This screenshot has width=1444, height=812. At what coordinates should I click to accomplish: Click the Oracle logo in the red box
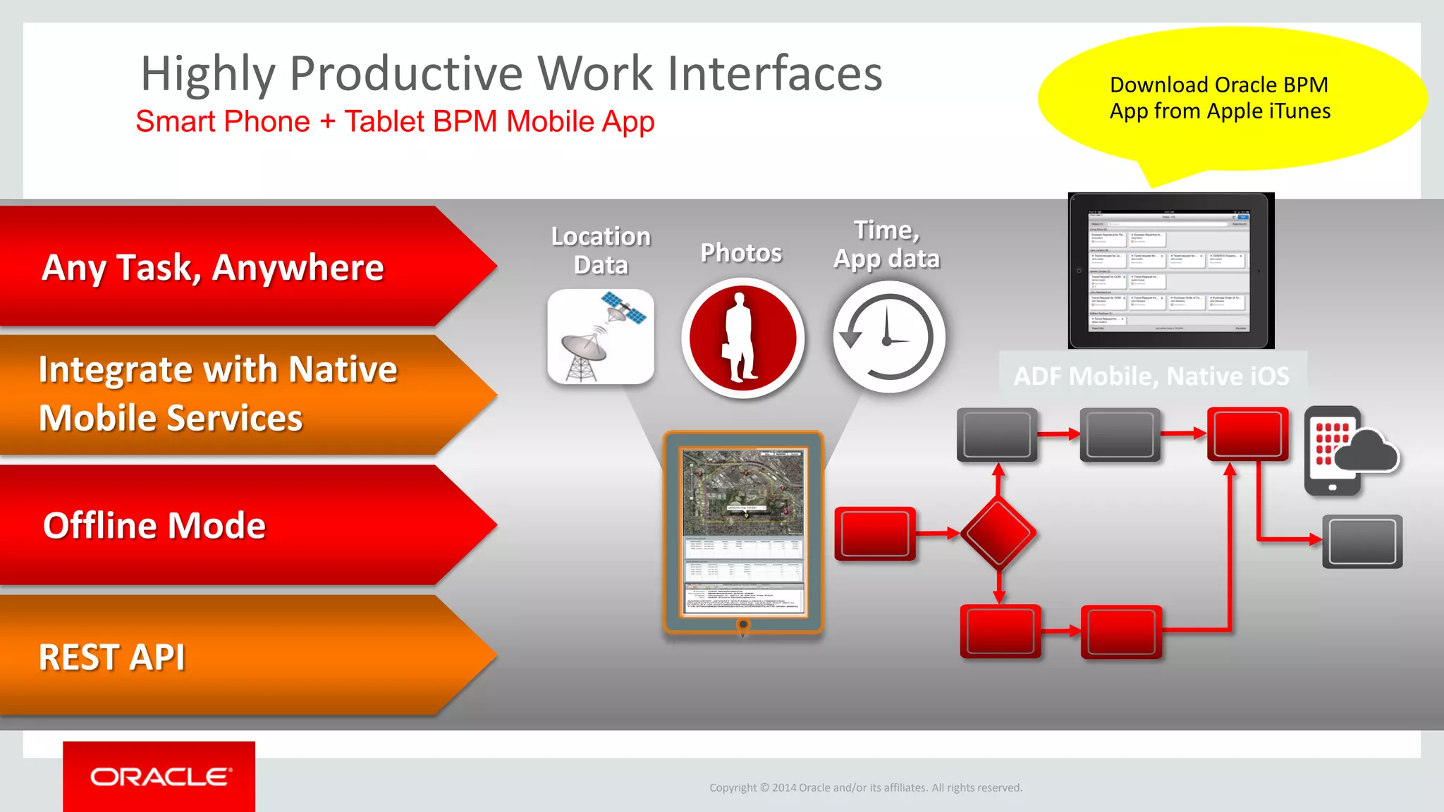tap(160, 777)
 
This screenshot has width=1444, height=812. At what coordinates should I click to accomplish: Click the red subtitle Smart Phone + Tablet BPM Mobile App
tap(395, 121)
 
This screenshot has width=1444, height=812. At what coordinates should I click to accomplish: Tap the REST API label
tap(112, 657)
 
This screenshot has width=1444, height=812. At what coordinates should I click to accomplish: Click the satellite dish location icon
tap(601, 337)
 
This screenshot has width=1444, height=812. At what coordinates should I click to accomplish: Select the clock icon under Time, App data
tap(888, 338)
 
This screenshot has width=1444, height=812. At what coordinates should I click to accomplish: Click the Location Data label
tap(601, 250)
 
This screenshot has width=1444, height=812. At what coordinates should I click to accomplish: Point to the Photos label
tap(741, 252)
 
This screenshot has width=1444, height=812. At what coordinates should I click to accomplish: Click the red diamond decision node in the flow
tap(998, 534)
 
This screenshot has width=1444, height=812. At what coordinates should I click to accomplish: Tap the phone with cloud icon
tap(1348, 451)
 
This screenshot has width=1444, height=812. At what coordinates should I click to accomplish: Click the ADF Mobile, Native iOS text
tap(1151, 376)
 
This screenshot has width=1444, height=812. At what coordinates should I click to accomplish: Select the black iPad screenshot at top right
tap(1170, 271)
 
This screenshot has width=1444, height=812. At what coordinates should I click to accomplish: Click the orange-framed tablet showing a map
tap(743, 532)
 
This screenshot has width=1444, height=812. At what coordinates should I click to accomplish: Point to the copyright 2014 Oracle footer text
tap(865, 787)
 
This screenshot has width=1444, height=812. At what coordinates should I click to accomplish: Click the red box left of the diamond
tap(875, 534)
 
